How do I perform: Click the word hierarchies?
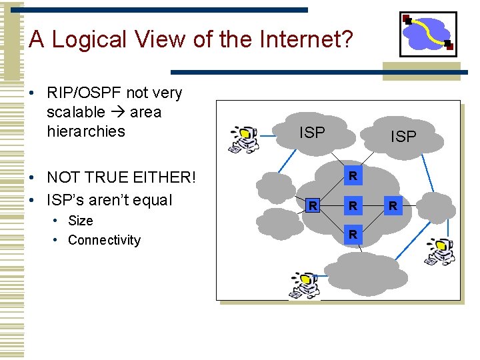86,131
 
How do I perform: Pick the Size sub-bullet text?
81,221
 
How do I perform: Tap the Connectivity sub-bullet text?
104,240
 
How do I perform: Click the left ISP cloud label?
312,133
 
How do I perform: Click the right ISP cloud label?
403,137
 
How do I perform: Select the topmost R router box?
353,177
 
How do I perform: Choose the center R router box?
353,206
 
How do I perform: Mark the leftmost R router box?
312,206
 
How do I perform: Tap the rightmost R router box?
393,206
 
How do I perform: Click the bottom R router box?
353,235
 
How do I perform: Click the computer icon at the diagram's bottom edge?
304,285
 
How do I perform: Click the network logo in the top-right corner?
428,34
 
